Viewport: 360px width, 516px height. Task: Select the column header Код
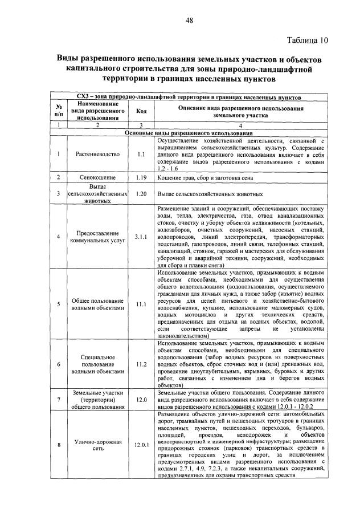click(x=141, y=112)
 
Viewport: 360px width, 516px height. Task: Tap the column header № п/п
click(x=58, y=112)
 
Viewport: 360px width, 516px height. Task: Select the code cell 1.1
click(x=141, y=154)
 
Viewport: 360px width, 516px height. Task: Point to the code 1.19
click(x=141, y=178)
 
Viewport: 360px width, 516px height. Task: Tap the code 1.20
click(x=141, y=193)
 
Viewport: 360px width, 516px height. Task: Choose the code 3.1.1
click(x=141, y=237)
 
